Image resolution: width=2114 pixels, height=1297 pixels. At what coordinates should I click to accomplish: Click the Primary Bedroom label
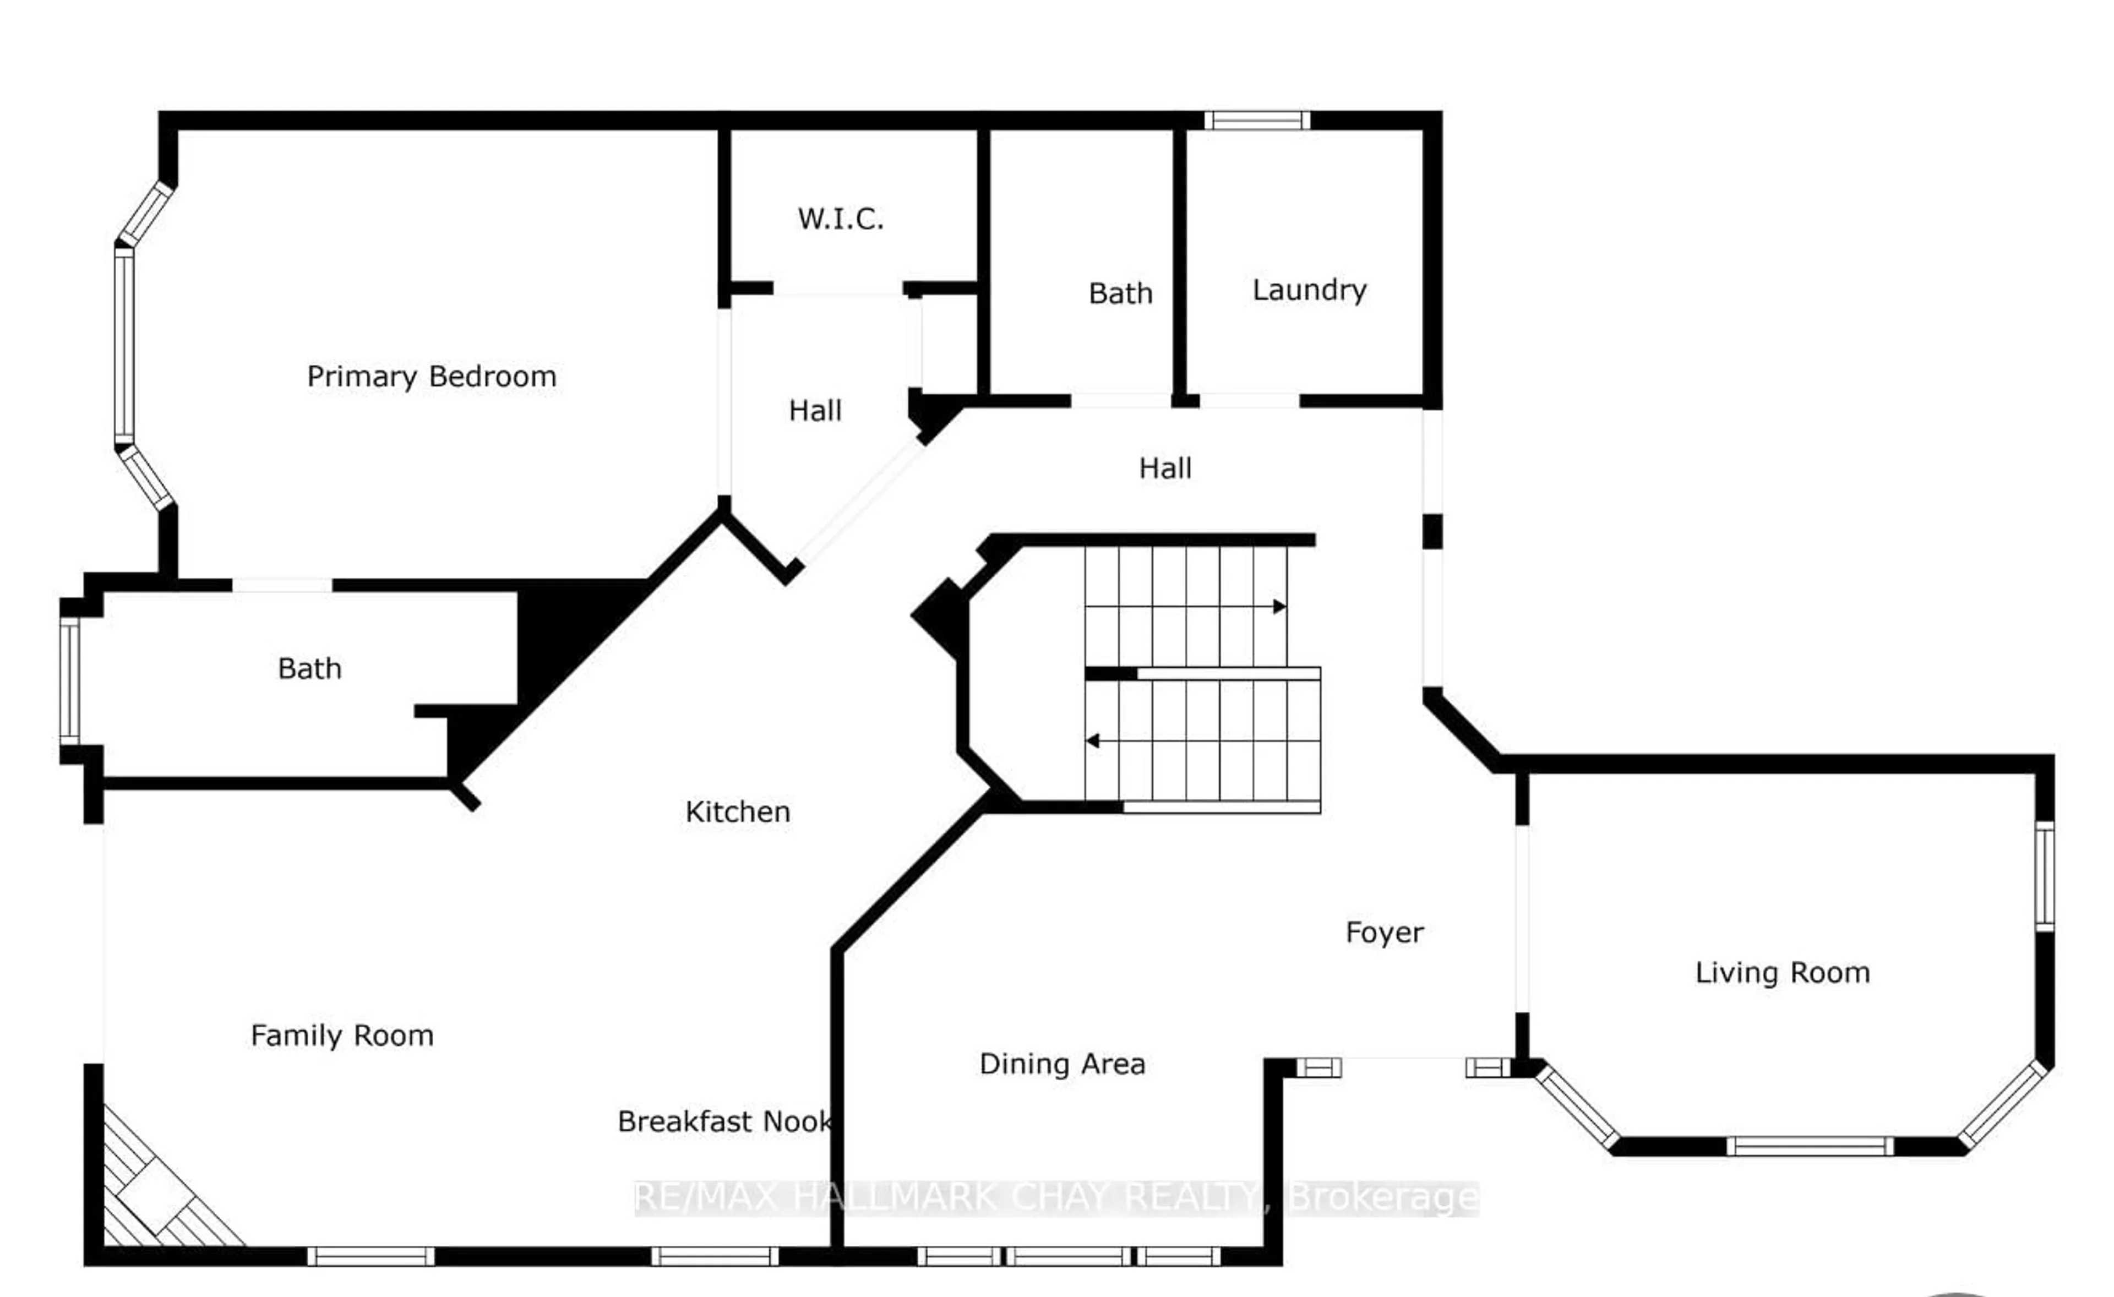[x=432, y=377]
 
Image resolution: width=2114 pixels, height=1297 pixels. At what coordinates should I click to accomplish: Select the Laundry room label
[x=1309, y=290]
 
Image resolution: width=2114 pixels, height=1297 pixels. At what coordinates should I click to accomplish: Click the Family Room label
[x=341, y=1036]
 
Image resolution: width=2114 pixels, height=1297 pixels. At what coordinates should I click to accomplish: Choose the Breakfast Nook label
[x=724, y=1121]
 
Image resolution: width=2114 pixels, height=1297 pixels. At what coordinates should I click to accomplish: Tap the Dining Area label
[x=1062, y=1065]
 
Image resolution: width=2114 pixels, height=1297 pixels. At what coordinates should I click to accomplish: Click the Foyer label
[x=1384, y=933]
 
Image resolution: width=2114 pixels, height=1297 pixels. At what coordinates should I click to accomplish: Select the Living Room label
[x=1782, y=973]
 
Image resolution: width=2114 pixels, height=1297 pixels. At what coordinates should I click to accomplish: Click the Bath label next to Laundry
[x=1120, y=293]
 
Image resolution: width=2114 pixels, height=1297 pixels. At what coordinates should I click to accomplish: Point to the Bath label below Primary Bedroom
[x=310, y=668]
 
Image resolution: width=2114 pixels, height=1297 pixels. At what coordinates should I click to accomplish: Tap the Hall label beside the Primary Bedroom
[x=815, y=411]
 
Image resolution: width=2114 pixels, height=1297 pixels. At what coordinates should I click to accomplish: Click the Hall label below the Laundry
[x=1164, y=468]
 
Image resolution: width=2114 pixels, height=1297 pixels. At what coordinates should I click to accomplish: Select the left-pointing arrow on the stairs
[x=1093, y=740]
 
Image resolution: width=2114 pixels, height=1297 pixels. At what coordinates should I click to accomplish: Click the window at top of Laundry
[x=1257, y=120]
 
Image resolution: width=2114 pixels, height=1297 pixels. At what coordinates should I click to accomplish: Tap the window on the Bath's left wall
[x=69, y=680]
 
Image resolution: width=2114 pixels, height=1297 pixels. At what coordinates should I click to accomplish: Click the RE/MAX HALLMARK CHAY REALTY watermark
[x=1055, y=1197]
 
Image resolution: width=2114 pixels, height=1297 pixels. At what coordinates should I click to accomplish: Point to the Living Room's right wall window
[x=2045, y=876]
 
